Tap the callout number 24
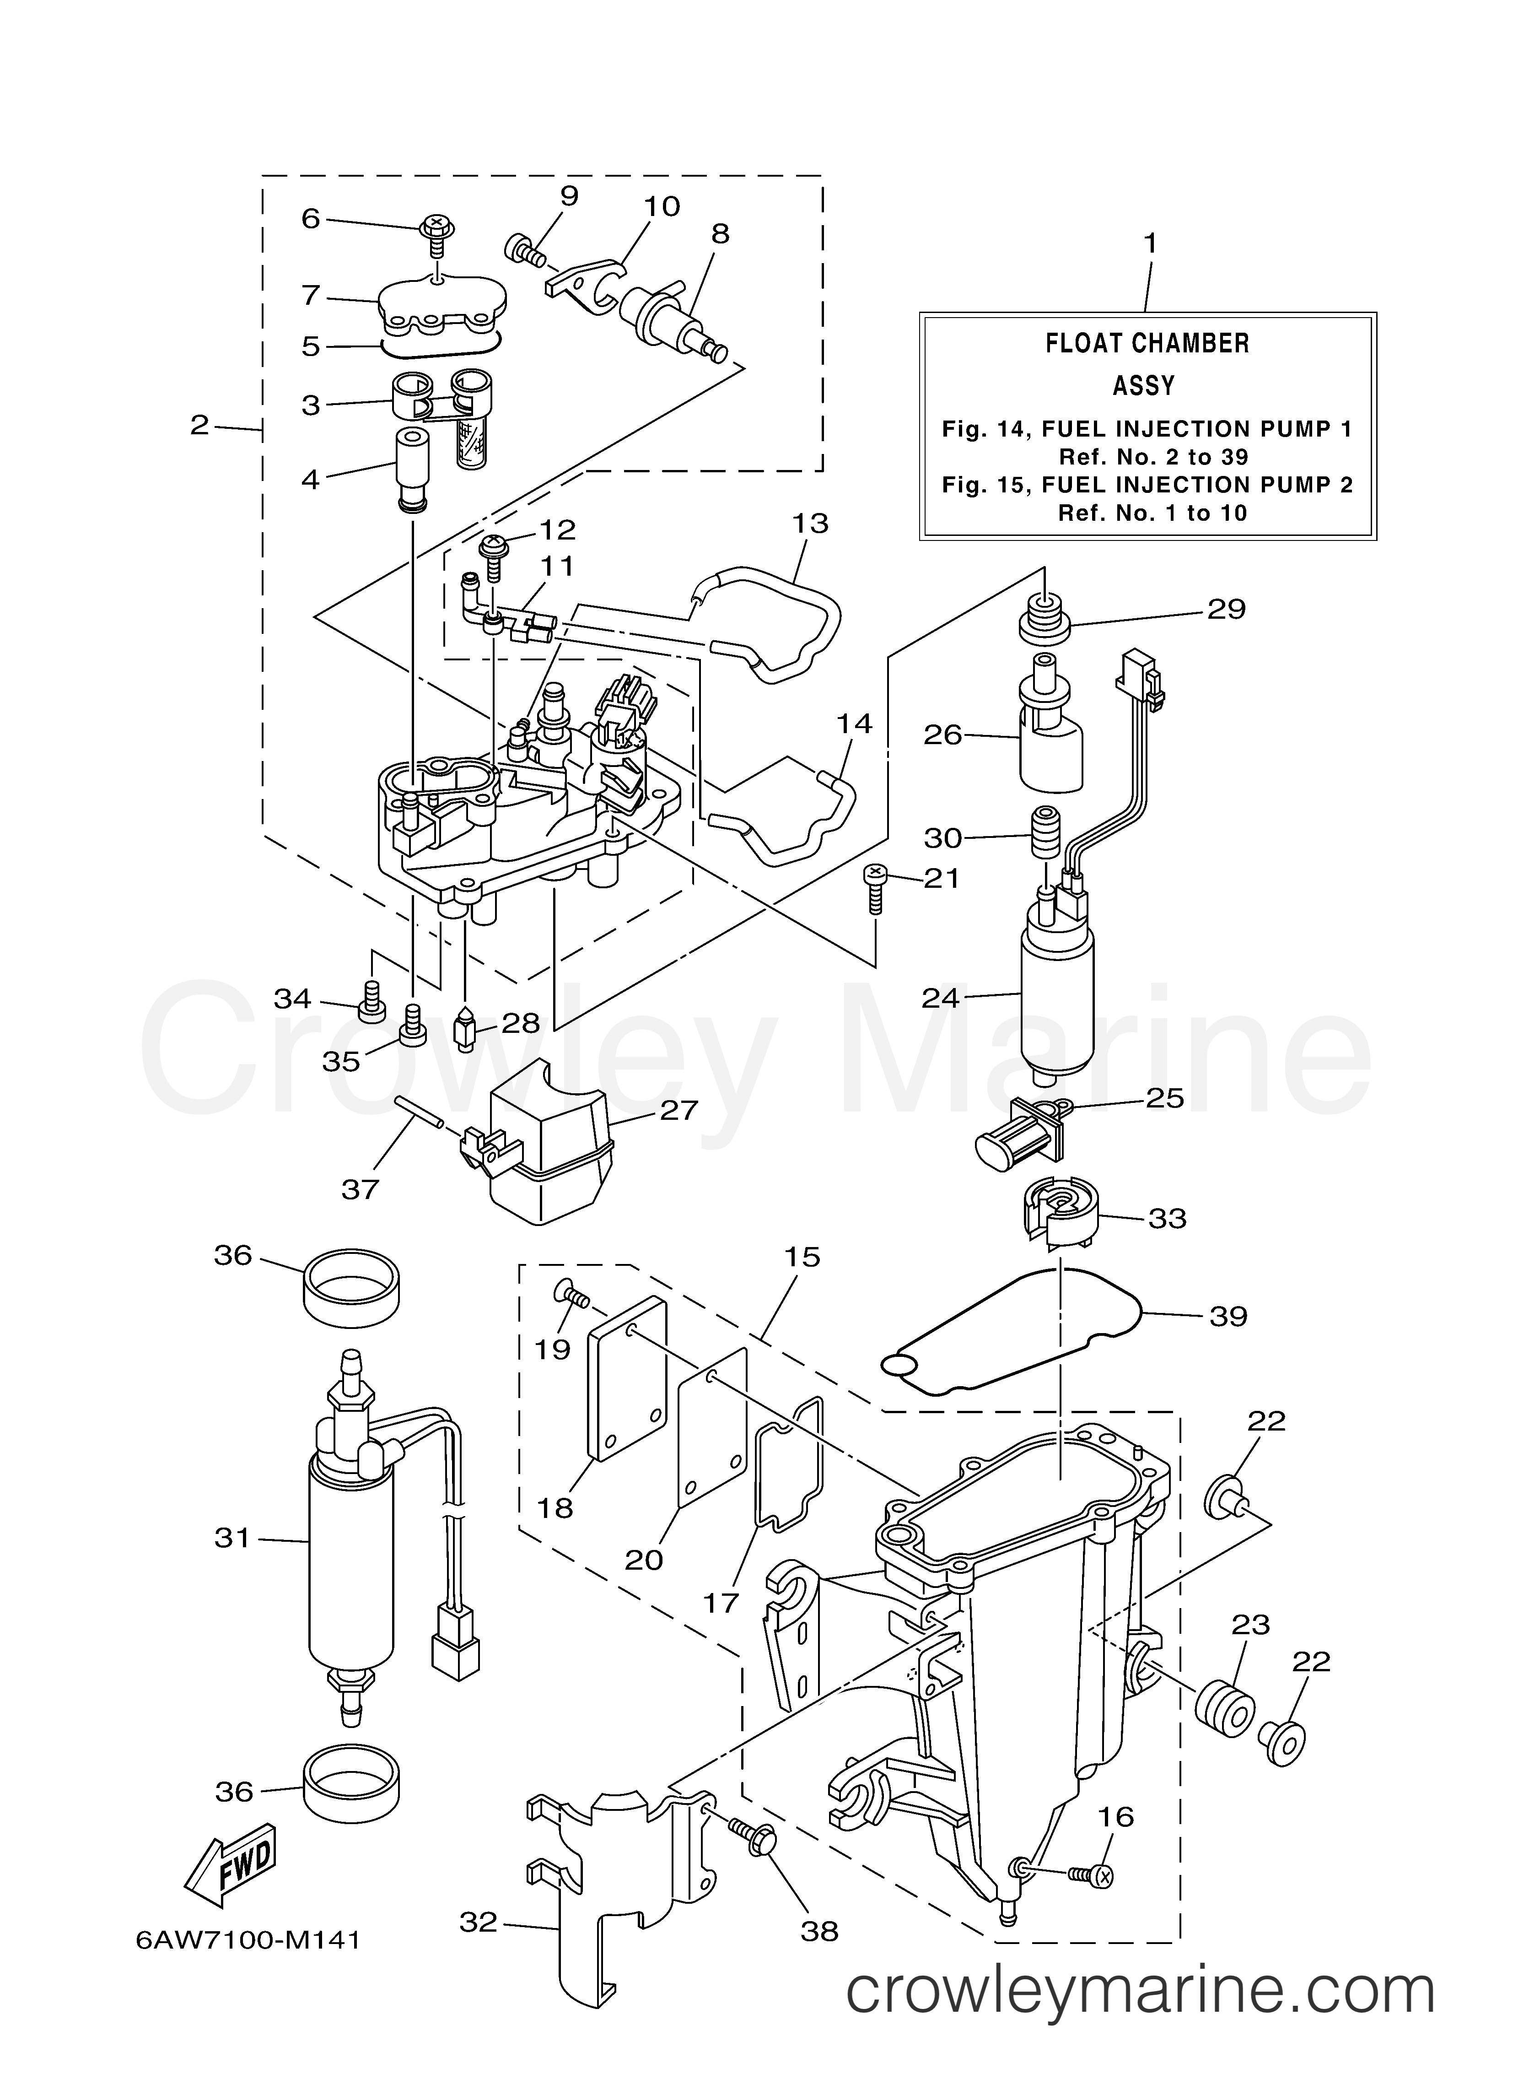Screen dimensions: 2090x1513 point(940,998)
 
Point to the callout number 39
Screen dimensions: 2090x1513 point(1228,1315)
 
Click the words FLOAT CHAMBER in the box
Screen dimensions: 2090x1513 point(1147,344)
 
